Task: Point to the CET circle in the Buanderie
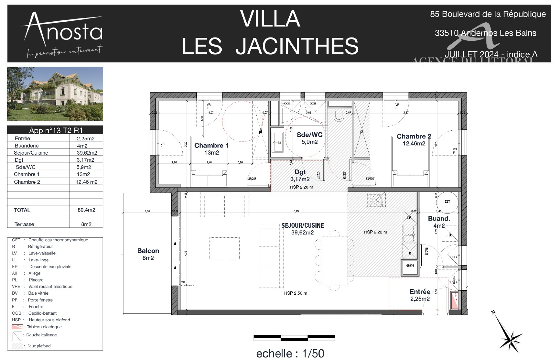[x=447, y=202]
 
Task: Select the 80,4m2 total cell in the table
[x=86, y=210]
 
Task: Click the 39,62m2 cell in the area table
[x=86, y=153]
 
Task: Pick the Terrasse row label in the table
[x=24, y=224]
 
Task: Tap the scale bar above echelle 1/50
[x=294, y=338]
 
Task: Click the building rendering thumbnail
[x=55, y=94]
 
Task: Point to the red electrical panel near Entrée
[x=455, y=300]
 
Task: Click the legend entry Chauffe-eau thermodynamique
[x=58, y=240]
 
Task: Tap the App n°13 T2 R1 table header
[x=55, y=130]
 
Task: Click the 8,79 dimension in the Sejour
[x=296, y=211]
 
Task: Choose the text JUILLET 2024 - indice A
[x=491, y=54]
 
